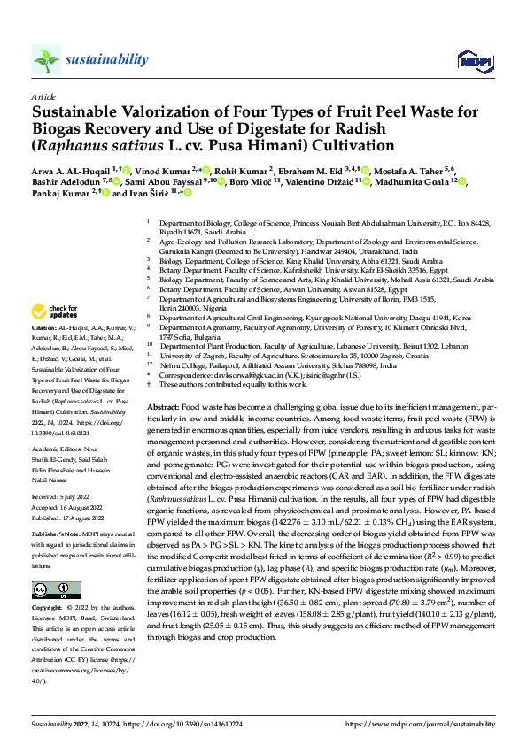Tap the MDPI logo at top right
(470, 60)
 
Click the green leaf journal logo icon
(47, 60)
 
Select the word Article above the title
(43, 96)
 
